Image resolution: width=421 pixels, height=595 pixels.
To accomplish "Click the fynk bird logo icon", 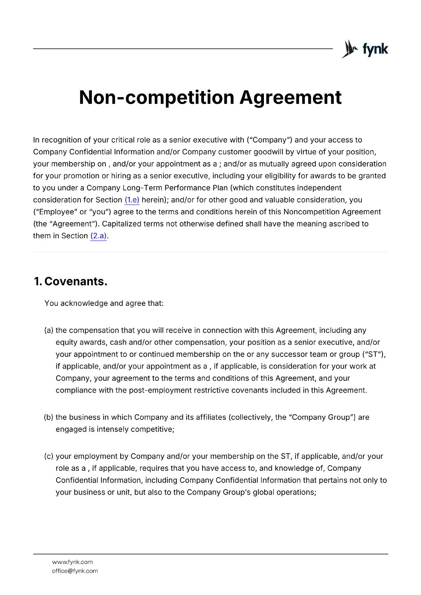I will (349, 49).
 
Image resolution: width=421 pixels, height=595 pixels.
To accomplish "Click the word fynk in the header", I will (375, 49).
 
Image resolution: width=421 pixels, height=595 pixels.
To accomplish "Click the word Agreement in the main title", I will (290, 97).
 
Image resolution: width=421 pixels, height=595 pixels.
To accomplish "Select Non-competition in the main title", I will (157, 97).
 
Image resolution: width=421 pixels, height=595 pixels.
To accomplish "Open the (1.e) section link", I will (132, 200).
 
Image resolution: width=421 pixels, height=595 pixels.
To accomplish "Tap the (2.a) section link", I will (98, 236).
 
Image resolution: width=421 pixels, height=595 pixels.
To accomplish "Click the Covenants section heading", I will (76, 282).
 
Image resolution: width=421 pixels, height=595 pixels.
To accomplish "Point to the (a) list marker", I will (49, 331).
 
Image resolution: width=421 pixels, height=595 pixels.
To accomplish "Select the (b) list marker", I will (49, 418).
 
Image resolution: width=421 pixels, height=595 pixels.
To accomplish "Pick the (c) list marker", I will (49, 457).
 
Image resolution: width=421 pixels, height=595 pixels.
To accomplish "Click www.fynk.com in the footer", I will (73, 562).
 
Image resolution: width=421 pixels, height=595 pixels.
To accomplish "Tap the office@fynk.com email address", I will (75, 571).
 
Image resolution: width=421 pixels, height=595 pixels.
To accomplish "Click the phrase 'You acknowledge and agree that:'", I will (104, 303).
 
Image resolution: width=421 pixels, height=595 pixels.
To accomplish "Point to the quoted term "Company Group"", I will (322, 418).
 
